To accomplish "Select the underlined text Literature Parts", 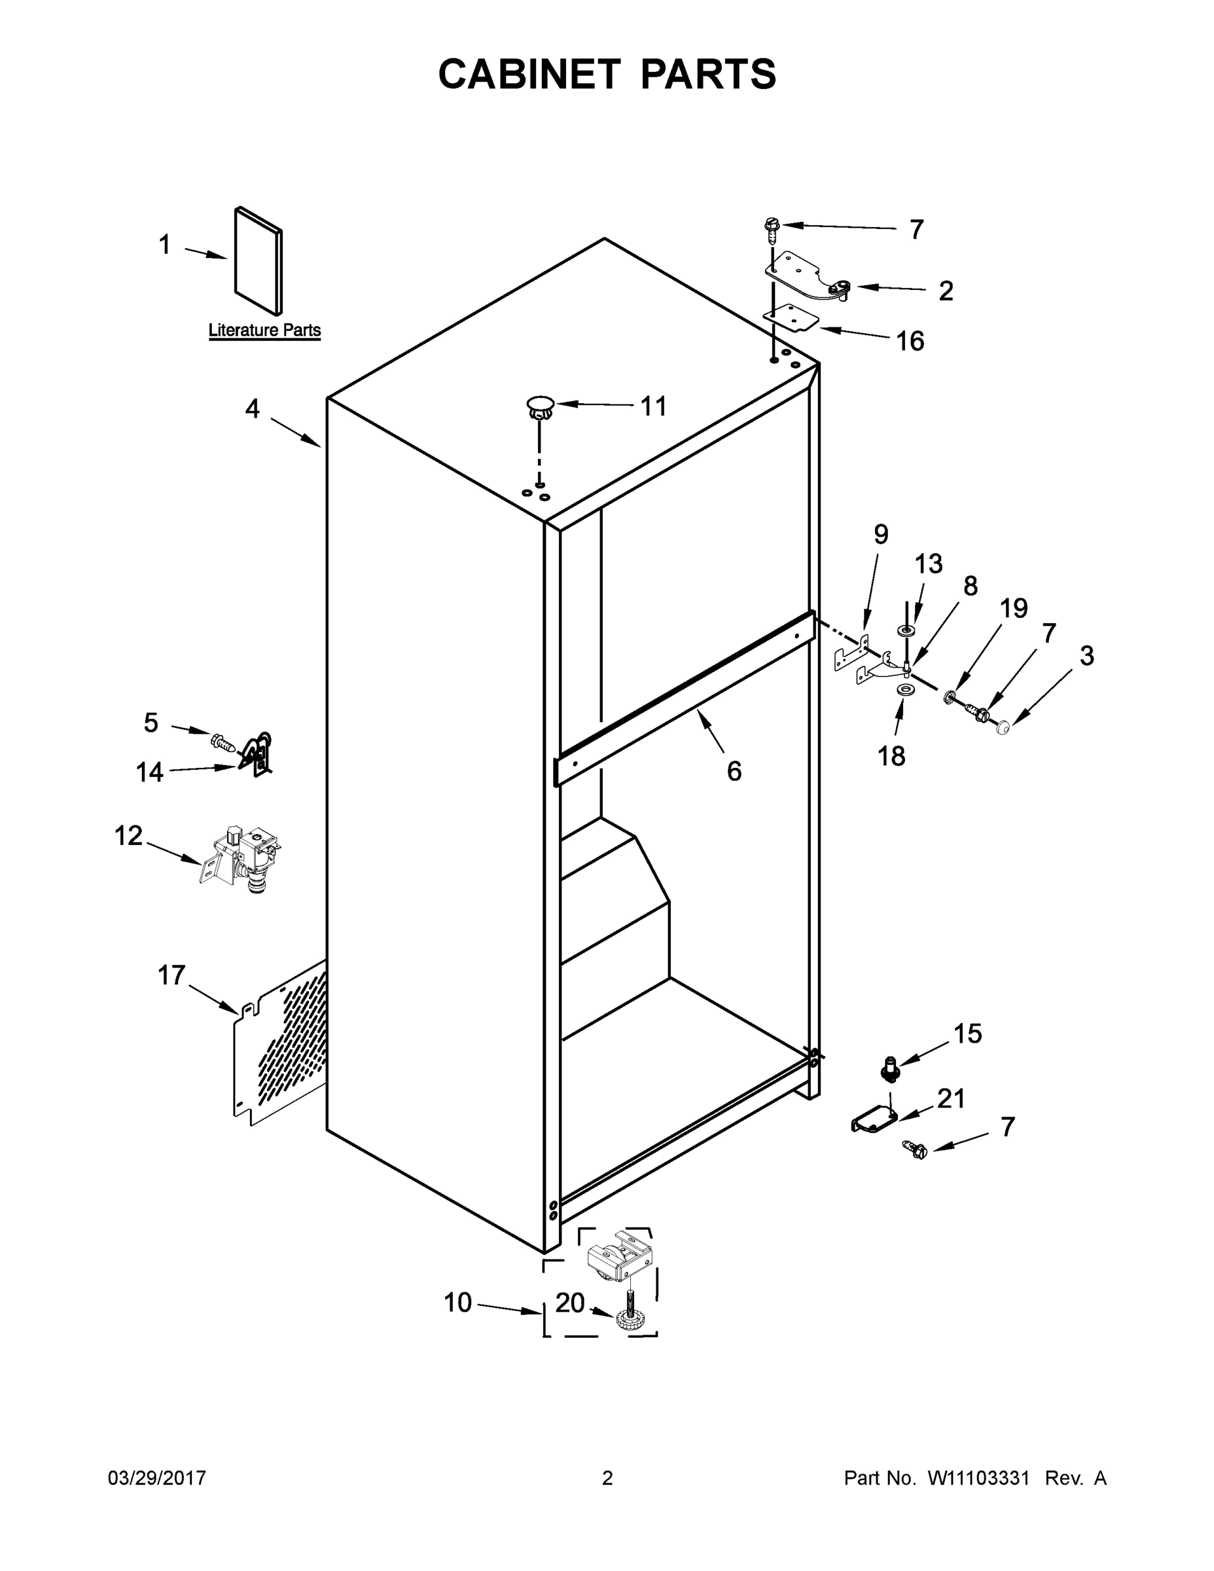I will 264,330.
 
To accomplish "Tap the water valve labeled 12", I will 242,858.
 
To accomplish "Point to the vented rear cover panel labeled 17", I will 281,1042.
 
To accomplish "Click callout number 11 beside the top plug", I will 653,406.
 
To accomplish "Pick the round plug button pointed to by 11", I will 540,406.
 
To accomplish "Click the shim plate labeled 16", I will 791,317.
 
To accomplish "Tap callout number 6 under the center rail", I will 734,771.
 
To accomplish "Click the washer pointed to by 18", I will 903,691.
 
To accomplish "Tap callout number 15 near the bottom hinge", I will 967,1034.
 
